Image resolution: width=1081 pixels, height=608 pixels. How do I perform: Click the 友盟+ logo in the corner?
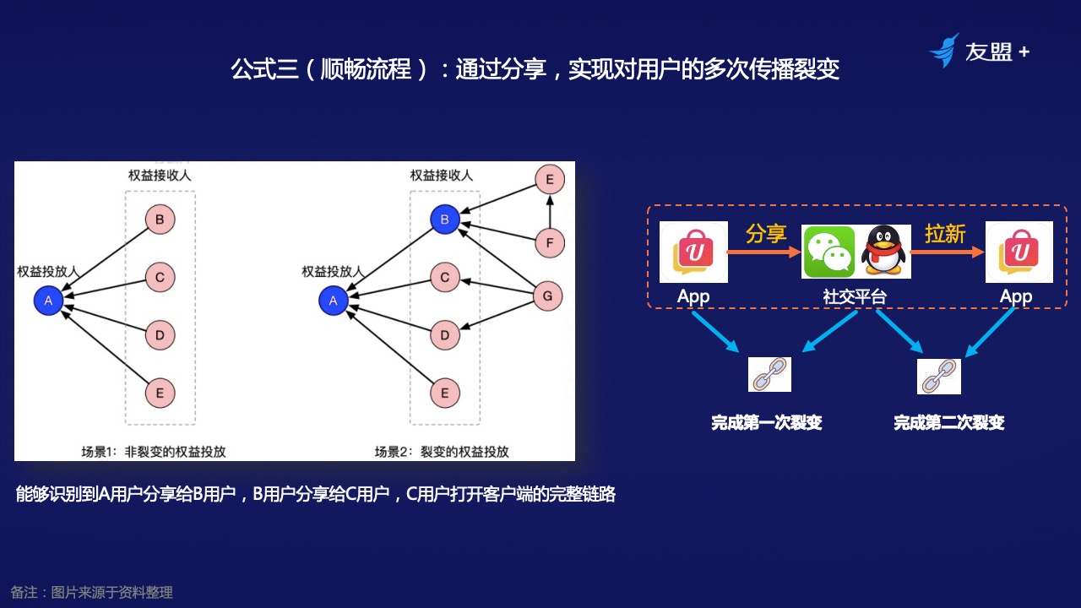point(979,52)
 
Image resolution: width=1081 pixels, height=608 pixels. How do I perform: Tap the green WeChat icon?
point(828,251)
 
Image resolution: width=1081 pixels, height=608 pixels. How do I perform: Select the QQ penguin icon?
point(883,251)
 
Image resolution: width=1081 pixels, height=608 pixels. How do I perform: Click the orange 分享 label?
point(765,233)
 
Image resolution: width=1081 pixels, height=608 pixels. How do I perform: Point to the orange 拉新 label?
point(944,233)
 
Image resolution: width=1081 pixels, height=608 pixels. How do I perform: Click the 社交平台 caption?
point(855,296)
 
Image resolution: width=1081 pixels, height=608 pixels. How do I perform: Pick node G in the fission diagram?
point(547,296)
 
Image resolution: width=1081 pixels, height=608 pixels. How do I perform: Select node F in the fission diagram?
point(549,245)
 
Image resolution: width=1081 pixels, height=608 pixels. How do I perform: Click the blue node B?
point(444,220)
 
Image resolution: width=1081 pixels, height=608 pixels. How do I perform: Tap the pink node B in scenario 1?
point(160,220)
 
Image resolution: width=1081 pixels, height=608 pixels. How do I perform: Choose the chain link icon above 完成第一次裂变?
point(769,374)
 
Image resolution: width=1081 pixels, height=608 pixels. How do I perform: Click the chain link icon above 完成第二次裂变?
point(938,376)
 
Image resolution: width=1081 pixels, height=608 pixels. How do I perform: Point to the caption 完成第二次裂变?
point(948,422)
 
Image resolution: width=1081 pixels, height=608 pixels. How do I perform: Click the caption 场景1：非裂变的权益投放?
point(154,451)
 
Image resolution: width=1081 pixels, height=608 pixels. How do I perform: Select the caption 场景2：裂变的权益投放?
point(442,451)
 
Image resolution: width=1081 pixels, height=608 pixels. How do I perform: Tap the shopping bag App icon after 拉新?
point(1019,252)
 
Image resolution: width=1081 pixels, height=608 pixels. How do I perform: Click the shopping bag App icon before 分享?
point(693,252)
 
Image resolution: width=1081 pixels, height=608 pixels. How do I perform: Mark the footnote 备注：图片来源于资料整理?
point(91,592)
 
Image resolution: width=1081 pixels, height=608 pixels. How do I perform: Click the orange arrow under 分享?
point(766,252)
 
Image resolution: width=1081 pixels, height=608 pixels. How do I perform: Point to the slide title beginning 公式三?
point(535,68)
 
